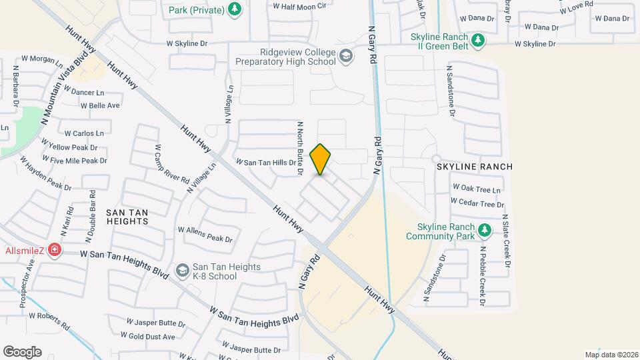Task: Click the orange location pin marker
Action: [321, 159]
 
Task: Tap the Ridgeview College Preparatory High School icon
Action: [345, 55]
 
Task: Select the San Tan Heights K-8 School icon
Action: [182, 270]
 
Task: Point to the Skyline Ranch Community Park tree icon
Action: [485, 231]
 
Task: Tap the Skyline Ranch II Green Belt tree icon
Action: [477, 41]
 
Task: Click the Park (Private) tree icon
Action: [234, 9]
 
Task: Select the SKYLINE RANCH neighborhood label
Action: [475, 166]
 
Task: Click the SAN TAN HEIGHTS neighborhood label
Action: [127, 217]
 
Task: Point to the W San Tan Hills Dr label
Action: [265, 163]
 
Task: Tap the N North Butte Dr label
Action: [301, 148]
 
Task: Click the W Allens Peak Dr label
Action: [205, 234]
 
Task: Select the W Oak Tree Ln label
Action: [477, 189]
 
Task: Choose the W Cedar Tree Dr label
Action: [477, 203]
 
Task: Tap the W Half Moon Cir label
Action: [300, 6]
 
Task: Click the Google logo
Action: [22, 351]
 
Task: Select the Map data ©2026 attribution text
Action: [611, 355]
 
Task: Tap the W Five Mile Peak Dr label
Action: [74, 160]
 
